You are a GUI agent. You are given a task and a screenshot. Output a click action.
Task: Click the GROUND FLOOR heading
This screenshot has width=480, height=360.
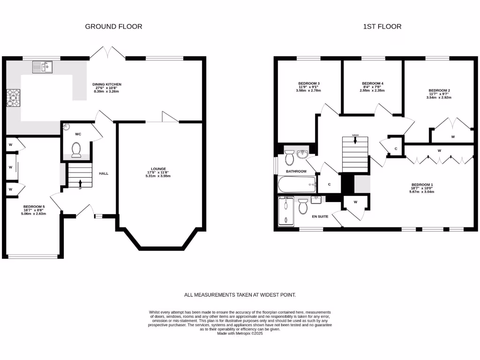pos(113,27)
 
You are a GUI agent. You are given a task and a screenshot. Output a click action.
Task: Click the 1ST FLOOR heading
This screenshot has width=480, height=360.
pos(382,27)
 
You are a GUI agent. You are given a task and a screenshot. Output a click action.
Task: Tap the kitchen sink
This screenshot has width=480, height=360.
pos(43,67)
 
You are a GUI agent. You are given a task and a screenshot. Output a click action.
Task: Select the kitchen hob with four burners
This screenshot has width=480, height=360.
pos(11,99)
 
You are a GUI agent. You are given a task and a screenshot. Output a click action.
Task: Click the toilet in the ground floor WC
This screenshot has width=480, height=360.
pos(76,150)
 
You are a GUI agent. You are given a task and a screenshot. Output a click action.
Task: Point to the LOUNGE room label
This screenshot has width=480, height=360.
pos(158,169)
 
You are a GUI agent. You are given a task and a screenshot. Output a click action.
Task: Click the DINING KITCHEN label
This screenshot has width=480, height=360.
pos(107,84)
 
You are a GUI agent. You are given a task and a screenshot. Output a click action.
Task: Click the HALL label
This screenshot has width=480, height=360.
pos(104,173)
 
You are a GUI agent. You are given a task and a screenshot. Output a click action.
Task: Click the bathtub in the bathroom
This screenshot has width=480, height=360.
pos(297,185)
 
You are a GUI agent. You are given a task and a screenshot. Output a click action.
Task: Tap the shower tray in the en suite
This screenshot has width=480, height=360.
pos(285,212)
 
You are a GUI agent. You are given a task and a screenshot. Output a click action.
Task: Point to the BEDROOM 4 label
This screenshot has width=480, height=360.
pos(373,83)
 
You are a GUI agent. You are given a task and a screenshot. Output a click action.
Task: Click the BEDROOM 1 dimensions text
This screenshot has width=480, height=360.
pos(422,191)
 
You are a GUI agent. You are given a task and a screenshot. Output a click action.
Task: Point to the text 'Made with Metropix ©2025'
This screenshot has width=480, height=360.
pos(240,333)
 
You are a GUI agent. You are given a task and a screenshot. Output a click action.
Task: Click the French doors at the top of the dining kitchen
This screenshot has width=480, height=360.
pos(108,52)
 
